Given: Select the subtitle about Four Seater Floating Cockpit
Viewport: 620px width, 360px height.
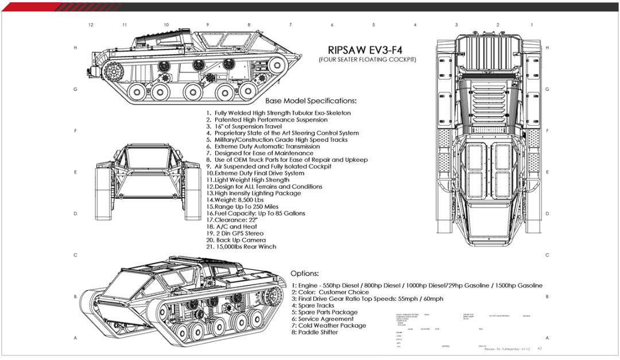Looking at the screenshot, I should [368, 60].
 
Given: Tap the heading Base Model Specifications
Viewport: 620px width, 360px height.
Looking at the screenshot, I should [311, 100].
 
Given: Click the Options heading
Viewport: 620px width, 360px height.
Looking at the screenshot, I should [305, 273].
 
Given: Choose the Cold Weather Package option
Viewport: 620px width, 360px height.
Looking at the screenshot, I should [328, 326].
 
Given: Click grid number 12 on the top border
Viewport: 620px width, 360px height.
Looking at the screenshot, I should [91, 25].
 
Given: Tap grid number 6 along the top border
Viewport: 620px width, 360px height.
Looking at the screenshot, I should [332, 25].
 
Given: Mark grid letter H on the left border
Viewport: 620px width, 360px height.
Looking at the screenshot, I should [75, 48].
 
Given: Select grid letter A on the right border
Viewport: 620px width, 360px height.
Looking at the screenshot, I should [547, 338].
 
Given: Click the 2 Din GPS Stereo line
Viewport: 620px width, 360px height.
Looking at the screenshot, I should [235, 234].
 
